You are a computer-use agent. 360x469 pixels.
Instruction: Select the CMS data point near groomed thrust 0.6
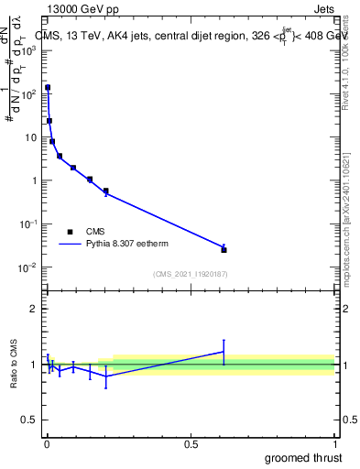pyautogui.click(x=224, y=249)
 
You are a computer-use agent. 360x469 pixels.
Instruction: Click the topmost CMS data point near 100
pyautogui.click(x=47, y=88)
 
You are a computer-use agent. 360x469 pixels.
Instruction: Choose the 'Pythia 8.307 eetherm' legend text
pyautogui.click(x=127, y=245)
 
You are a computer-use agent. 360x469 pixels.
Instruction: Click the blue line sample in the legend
pyautogui.click(x=70, y=245)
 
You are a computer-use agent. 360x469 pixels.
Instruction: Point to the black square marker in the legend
pyautogui.click(x=70, y=232)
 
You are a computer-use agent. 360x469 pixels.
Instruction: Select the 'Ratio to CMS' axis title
pyautogui.click(x=16, y=364)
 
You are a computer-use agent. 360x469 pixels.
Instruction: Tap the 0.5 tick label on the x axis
pyautogui.click(x=191, y=444)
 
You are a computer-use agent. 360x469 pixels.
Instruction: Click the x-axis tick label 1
pyautogui.click(x=334, y=444)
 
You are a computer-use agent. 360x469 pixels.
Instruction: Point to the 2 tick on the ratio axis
pyautogui.click(x=34, y=309)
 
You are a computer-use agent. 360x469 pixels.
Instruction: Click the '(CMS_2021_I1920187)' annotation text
pyautogui.click(x=190, y=274)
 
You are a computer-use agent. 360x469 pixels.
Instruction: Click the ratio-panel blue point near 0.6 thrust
pyautogui.click(x=224, y=352)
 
